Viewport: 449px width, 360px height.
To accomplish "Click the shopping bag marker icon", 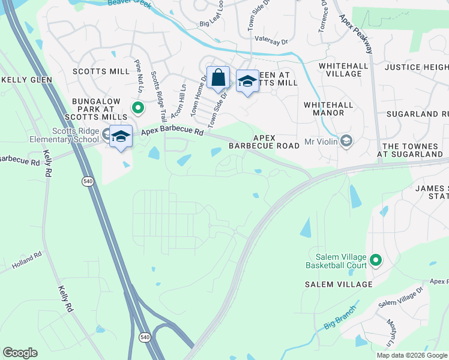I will [x=218, y=77].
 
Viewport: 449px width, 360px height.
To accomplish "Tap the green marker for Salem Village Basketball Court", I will [x=376, y=260].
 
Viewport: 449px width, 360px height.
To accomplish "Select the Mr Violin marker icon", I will [x=346, y=142].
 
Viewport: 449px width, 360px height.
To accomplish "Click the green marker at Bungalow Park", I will [x=137, y=108].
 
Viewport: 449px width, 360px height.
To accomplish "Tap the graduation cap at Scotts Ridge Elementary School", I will [x=121, y=136].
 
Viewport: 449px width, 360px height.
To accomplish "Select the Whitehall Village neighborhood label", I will [x=340, y=69].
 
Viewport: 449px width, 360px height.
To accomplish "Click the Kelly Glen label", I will [x=27, y=79].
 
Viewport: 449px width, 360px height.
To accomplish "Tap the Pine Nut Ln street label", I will [x=139, y=75].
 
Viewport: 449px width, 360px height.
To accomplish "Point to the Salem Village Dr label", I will [x=400, y=298].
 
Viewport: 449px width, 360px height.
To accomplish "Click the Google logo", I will [x=20, y=353].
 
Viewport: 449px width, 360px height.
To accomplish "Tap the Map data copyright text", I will [x=411, y=355].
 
